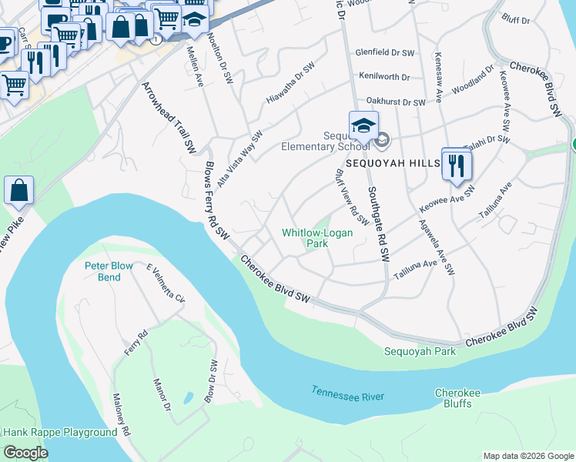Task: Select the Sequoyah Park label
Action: point(420,352)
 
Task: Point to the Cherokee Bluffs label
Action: point(457,398)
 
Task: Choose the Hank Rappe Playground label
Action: point(59,433)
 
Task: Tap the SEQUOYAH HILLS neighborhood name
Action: point(392,164)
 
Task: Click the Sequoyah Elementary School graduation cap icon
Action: point(364,125)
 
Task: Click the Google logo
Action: point(25,453)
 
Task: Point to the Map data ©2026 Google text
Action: point(527,456)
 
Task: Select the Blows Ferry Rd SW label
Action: point(217,199)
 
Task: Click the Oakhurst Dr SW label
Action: point(396,102)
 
